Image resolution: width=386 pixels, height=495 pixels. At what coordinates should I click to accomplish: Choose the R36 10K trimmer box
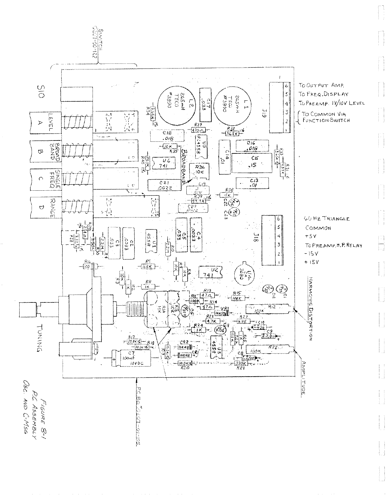(x=200, y=170)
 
